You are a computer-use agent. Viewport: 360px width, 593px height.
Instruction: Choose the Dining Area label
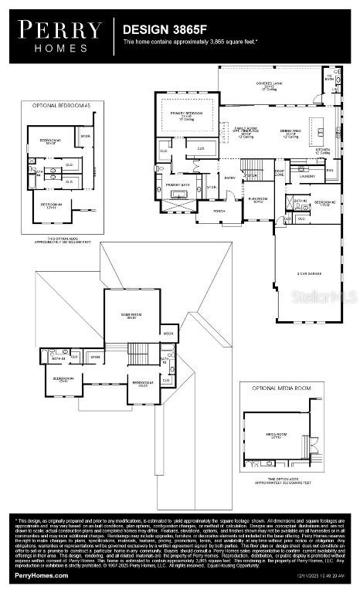coord(287,132)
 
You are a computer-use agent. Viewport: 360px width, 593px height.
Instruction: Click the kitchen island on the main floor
coord(315,124)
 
